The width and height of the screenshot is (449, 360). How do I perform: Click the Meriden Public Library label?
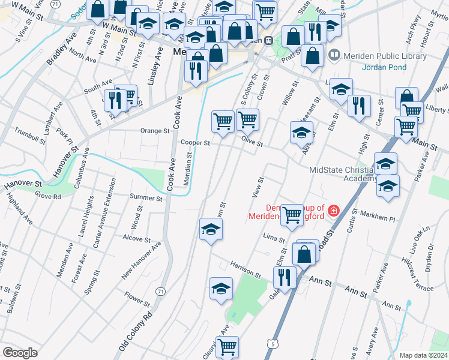(384, 56)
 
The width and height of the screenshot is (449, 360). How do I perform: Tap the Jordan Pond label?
(384, 67)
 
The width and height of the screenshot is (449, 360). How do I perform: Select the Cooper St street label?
(195, 143)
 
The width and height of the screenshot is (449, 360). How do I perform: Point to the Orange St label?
(155, 131)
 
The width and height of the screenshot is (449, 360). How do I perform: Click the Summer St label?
(146, 198)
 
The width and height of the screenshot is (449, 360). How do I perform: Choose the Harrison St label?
(244, 271)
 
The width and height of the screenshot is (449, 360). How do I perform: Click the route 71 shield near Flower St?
(160, 292)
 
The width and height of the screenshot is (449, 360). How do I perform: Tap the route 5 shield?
(273, 344)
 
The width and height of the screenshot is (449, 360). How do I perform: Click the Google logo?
(20, 353)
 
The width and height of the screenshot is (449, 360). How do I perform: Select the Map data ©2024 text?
(423, 355)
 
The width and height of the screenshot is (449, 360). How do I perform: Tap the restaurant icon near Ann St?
(284, 277)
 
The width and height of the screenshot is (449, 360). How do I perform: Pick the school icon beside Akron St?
(301, 133)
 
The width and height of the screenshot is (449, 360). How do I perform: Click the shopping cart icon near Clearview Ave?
(227, 346)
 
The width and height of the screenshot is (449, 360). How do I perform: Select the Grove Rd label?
(48, 196)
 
